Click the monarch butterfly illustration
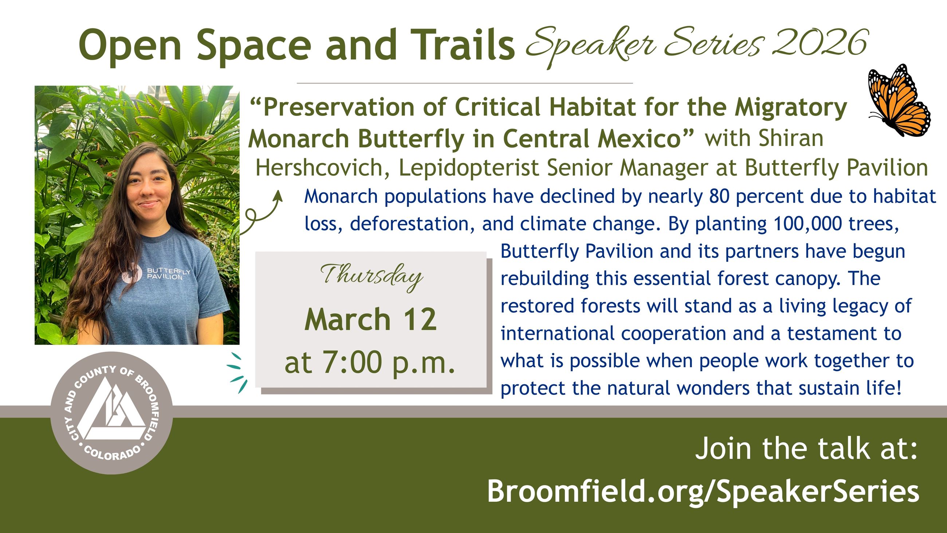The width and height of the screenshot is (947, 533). [x=899, y=100]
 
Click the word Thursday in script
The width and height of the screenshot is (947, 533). [x=371, y=277]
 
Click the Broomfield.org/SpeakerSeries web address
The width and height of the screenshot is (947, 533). [x=703, y=491]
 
